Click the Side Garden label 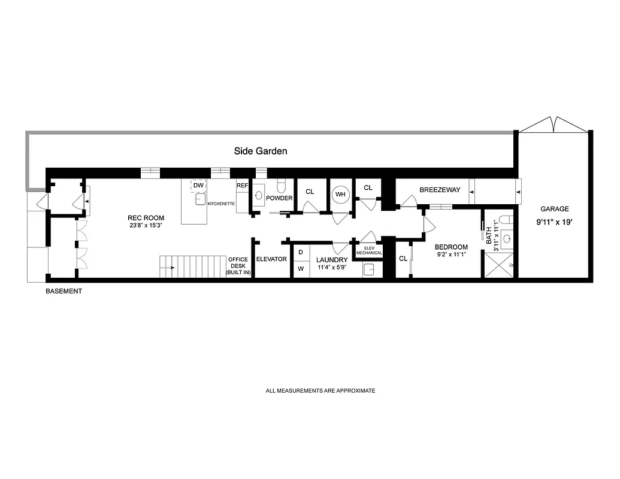tap(260, 151)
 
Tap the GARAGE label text tap(554, 209)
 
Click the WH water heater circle tap(340, 195)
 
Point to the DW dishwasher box tap(198, 186)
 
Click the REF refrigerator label tap(242, 186)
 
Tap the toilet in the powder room tap(282, 186)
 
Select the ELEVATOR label tap(271, 259)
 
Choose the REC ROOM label tap(146, 218)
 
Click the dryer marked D tap(301, 253)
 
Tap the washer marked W tap(301, 269)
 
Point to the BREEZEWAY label tap(440, 190)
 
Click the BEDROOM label tap(451, 247)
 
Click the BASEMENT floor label tap(63, 292)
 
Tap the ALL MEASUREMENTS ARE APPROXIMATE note tap(320, 391)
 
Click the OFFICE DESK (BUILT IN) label tap(238, 266)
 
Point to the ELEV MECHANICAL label tap(368, 250)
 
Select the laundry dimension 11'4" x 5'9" tap(331, 268)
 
